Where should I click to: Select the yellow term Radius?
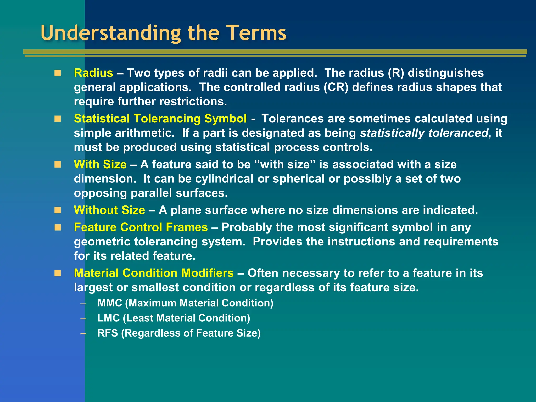pyautogui.click(x=93, y=73)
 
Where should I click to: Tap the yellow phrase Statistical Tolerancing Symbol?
pyautogui.click(x=160, y=119)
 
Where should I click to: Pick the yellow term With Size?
pyautogui.click(x=100, y=164)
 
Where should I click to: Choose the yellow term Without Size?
pyautogui.click(x=109, y=210)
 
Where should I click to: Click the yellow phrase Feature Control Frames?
pyautogui.click(x=141, y=227)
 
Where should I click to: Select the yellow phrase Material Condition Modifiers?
pyautogui.click(x=154, y=273)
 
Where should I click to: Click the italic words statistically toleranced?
pyautogui.click(x=424, y=133)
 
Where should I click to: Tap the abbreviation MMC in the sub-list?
pyautogui.click(x=110, y=303)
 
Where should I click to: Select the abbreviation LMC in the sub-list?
pyautogui.click(x=108, y=318)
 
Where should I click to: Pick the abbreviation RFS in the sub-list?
pyautogui.click(x=108, y=333)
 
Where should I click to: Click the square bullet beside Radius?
pyautogui.click(x=58, y=73)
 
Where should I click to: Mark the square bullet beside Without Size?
pyautogui.click(x=58, y=210)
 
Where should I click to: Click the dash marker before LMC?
pyautogui.click(x=83, y=319)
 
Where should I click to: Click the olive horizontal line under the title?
pyautogui.click(x=275, y=52)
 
